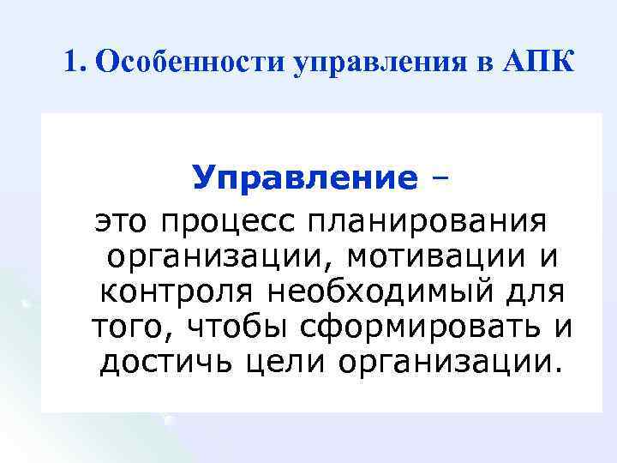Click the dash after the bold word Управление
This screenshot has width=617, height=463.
tap(442, 178)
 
